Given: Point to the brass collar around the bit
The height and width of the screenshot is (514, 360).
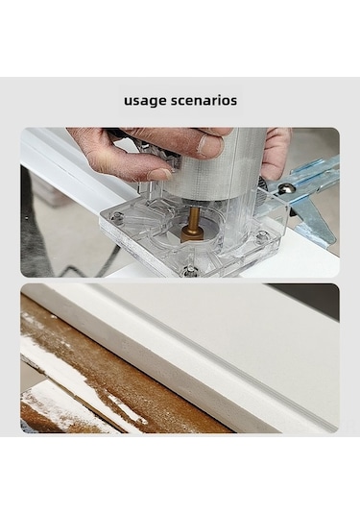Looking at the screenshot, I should (x=193, y=233).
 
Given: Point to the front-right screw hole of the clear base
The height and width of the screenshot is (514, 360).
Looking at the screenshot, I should (x=263, y=235).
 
